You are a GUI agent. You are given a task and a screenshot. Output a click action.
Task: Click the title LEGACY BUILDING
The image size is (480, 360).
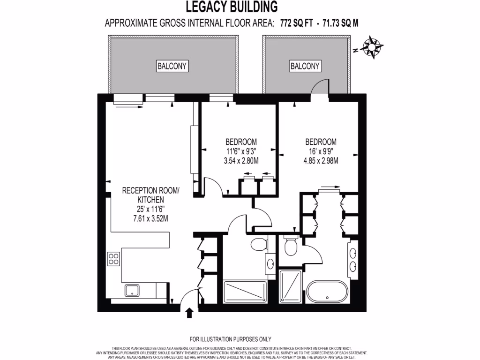tap(232, 7)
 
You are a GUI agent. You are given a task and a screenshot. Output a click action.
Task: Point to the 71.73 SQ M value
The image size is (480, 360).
tap(337, 22)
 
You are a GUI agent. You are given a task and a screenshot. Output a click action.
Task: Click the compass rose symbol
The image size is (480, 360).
tap(373, 47)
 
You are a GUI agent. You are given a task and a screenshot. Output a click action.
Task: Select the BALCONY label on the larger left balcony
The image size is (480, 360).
tap(172, 66)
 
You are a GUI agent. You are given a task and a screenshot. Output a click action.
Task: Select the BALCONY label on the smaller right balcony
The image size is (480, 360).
tap(305, 66)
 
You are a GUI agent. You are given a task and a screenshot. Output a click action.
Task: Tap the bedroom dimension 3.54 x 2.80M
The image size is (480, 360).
tap(241, 161)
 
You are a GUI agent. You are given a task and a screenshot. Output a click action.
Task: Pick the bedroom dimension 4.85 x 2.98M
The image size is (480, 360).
tap(321, 161)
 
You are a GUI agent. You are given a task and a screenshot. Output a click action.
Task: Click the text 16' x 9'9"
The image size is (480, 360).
tap(321, 151)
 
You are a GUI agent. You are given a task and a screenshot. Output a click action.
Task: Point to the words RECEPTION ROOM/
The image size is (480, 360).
tap(150, 191)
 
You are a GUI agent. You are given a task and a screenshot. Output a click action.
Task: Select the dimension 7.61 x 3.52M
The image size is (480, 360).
tap(150, 218)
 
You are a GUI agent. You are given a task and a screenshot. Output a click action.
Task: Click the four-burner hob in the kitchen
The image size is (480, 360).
tap(114, 259)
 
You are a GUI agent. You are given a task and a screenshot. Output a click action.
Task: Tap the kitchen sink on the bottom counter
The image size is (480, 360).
tap(132, 291)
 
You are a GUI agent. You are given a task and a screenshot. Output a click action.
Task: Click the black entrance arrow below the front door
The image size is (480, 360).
tap(189, 313)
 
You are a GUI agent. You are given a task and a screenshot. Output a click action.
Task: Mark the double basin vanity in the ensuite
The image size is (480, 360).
tap(352, 261)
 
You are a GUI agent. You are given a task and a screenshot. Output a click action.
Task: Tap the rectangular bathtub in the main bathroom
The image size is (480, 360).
tap(244, 292)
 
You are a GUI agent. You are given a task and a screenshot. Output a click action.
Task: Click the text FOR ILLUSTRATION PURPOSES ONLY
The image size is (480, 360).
tap(230, 339)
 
